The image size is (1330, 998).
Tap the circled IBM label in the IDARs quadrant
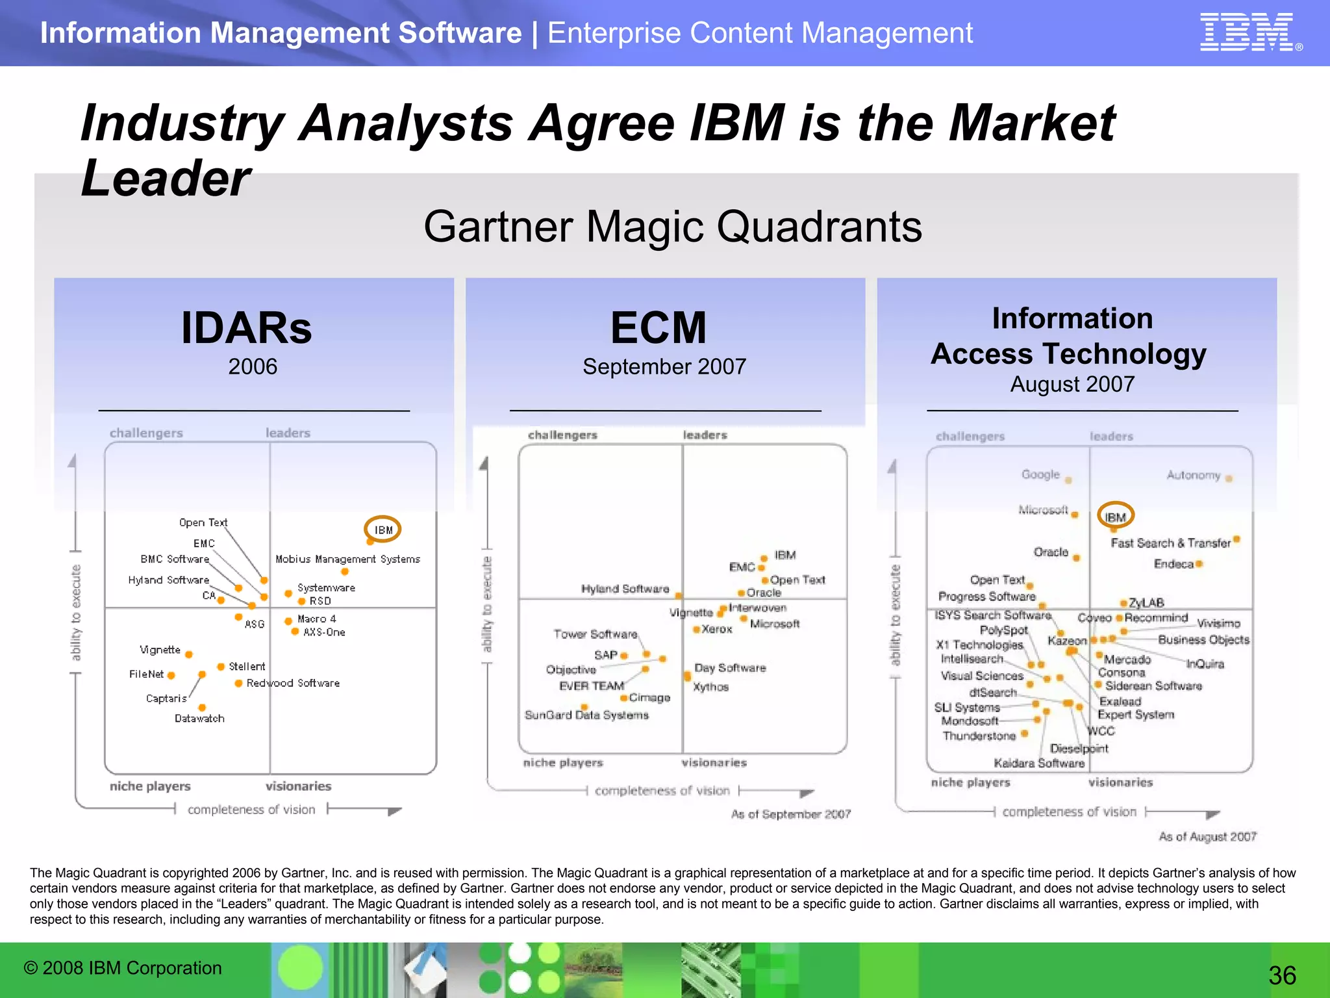(383, 530)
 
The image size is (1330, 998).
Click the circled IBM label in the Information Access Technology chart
(1115, 517)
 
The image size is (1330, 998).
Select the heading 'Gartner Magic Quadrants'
(672, 227)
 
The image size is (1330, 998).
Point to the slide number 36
(1282, 975)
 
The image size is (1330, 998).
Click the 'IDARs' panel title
(246, 328)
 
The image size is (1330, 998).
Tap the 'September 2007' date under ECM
(664, 366)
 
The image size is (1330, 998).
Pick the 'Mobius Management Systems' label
(347, 559)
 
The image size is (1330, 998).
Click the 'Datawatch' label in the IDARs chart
(199, 719)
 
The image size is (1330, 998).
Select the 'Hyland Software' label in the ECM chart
(625, 589)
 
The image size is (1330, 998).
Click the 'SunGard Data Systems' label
(586, 715)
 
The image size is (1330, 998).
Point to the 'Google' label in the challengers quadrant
(1040, 474)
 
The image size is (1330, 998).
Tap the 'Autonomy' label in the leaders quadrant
(1193, 475)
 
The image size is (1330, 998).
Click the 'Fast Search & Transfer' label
(1170, 543)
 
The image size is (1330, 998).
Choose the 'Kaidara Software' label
(1038, 763)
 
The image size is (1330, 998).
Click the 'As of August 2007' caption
(1207, 837)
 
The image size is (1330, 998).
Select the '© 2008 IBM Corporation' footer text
(123, 968)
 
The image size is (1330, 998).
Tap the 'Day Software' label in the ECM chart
(730, 668)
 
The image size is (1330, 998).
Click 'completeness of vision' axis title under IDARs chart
(251, 810)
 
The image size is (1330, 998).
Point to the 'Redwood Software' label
(293, 684)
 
